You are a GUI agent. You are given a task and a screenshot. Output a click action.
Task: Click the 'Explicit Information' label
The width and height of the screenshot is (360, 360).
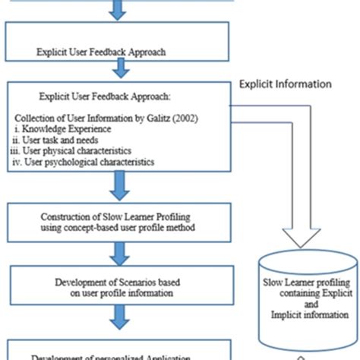pyautogui.click(x=285, y=84)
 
